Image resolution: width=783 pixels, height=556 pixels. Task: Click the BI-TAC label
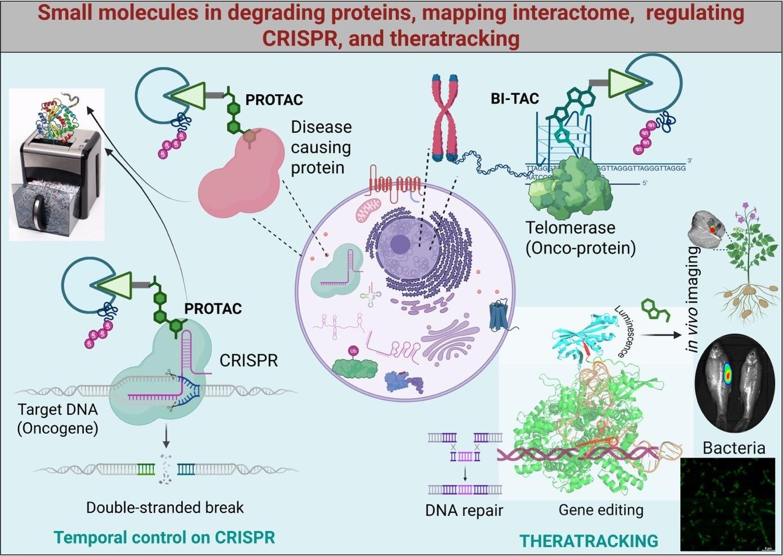[514, 99]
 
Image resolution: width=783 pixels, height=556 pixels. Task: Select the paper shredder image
[57, 165]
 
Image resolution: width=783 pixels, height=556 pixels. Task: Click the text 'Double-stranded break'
[165, 507]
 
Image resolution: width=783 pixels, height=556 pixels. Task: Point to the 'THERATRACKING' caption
[589, 541]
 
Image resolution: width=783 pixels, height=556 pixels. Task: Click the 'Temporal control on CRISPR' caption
[164, 537]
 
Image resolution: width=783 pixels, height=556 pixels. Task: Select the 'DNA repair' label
[464, 511]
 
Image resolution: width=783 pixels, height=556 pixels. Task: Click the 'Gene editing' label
[601, 510]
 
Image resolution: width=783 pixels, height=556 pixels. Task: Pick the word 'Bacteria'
[734, 448]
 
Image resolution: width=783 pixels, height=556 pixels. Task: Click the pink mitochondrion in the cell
[371, 210]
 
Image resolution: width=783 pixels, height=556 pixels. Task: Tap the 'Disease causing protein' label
[321, 147]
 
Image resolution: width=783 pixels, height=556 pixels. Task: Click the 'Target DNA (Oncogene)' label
[57, 419]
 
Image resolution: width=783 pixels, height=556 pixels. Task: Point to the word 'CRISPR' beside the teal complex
[249, 361]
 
